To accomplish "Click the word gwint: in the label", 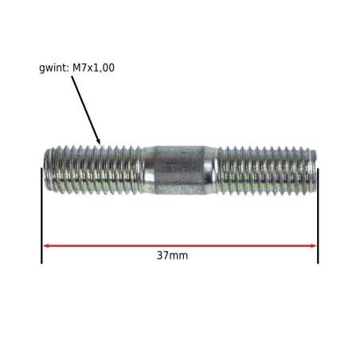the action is tap(54, 68).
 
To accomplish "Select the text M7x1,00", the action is tap(93, 68).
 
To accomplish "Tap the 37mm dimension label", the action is tap(172, 256).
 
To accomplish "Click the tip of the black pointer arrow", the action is tap(100, 144).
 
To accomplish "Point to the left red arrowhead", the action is tap(45, 245).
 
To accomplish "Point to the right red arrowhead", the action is tap(313, 245).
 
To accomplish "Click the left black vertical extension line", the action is tap(41, 216).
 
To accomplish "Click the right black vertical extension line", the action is tap(318, 216).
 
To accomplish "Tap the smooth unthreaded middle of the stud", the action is tap(180, 170).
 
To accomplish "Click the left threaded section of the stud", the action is tap(93, 170).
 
